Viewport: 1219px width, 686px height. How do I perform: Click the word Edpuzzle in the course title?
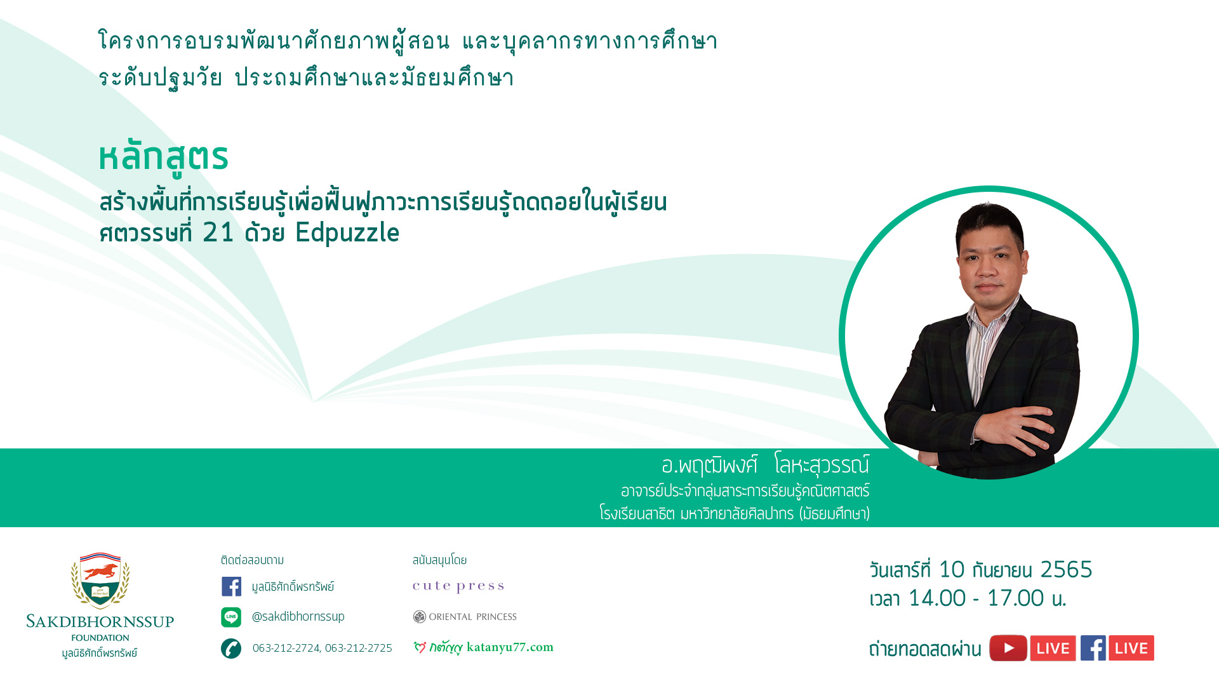[347, 233]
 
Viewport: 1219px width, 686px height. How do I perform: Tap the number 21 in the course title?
[218, 232]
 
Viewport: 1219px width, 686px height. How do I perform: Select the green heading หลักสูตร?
[163, 158]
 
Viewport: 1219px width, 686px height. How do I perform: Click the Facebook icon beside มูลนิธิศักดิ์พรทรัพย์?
[231, 586]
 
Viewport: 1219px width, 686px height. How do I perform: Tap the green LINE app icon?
[231, 617]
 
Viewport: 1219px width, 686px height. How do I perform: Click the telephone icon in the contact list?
[231, 648]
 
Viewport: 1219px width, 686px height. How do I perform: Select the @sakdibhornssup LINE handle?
[298, 617]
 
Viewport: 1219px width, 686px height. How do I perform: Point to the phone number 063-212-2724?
[286, 648]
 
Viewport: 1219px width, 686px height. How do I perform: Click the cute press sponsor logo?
[458, 586]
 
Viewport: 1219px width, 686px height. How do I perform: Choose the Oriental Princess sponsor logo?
[465, 617]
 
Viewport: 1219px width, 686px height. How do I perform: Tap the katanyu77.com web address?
[510, 647]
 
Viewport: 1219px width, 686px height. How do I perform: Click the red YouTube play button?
[1008, 648]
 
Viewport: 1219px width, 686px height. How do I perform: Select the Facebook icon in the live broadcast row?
[1093, 648]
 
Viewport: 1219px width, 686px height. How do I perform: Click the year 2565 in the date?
[1066, 570]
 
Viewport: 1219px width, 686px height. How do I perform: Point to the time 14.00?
[936, 598]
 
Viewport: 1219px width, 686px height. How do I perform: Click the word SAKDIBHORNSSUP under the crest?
[100, 622]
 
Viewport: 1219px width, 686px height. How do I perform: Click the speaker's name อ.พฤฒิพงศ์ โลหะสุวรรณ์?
[765, 465]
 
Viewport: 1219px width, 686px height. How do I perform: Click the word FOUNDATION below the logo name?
[100, 638]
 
